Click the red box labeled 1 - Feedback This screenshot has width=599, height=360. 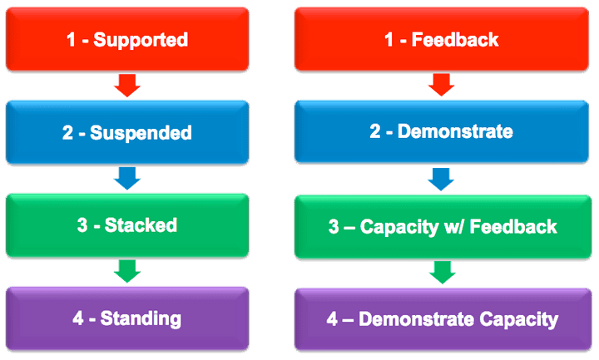(x=443, y=39)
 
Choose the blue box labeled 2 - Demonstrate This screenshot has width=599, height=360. (x=443, y=132)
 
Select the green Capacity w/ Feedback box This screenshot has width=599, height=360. (x=443, y=225)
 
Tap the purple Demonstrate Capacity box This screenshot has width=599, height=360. (x=443, y=318)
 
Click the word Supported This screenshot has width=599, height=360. (x=141, y=40)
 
